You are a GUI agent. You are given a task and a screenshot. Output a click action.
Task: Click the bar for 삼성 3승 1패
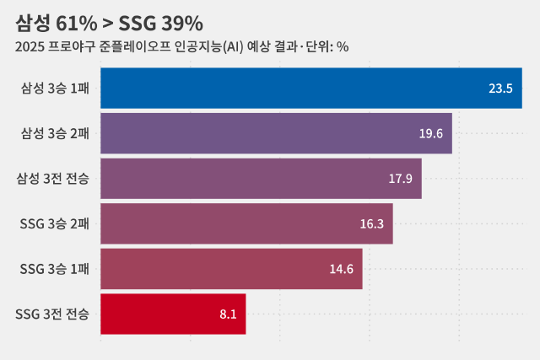(x=310, y=89)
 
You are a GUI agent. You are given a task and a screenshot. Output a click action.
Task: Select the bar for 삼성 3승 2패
(x=276, y=133)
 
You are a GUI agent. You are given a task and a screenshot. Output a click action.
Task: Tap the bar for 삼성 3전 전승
(x=261, y=179)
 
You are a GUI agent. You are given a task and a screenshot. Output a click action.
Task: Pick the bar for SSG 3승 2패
(x=246, y=223)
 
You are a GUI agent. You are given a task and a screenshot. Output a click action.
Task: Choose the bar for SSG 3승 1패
(x=231, y=269)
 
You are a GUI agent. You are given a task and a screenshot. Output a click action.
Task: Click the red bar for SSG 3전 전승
(x=173, y=314)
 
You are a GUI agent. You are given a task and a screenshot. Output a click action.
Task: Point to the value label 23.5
(x=500, y=89)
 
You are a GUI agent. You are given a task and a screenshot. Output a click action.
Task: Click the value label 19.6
(x=431, y=133)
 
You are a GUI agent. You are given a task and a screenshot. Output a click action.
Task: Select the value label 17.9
(x=400, y=179)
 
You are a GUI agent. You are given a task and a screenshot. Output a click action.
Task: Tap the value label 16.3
(x=372, y=223)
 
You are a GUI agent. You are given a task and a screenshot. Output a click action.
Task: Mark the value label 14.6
(x=341, y=269)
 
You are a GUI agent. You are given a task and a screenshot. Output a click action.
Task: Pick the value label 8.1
(x=228, y=314)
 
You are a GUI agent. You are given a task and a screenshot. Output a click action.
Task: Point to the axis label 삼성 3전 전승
(x=52, y=179)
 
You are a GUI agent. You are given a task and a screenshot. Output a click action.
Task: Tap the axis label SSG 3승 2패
(x=54, y=223)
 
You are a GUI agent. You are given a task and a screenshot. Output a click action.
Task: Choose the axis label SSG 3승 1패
(x=54, y=269)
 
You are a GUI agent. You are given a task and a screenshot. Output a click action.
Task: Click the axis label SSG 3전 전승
(x=52, y=314)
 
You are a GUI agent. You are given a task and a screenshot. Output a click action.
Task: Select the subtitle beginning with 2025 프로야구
(x=181, y=46)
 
